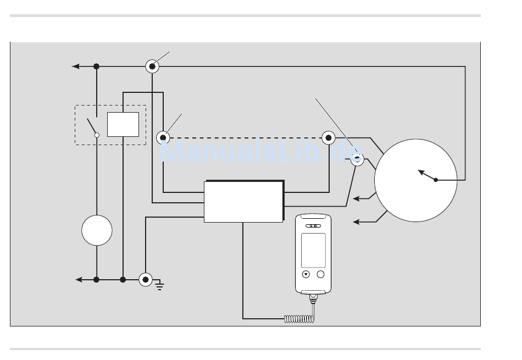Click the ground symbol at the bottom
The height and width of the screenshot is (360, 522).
[x=159, y=285]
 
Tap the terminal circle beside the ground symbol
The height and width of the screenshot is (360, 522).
[x=146, y=280]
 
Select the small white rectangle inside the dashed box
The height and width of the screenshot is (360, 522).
[x=123, y=125]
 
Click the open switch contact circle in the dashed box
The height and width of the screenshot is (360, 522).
[x=97, y=135]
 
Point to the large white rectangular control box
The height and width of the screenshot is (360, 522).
[x=243, y=202]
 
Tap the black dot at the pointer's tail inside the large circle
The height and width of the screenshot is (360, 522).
[x=436, y=180]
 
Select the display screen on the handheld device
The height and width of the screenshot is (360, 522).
[x=313, y=250]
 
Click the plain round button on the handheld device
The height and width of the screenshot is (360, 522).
[x=320, y=274]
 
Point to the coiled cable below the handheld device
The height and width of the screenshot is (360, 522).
[x=299, y=319]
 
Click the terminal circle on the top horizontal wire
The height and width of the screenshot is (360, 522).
[x=152, y=67]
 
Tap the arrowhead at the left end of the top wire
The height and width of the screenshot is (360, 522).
[x=76, y=67]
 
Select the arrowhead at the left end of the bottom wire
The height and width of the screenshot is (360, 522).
[x=79, y=280]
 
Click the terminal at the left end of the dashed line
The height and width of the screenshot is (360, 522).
[x=163, y=137]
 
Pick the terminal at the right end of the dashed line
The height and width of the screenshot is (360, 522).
[x=329, y=137]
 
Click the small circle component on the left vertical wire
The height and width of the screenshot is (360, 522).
[x=97, y=230]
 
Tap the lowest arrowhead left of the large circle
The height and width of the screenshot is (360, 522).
[x=356, y=222]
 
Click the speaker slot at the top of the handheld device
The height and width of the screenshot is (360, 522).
[x=313, y=226]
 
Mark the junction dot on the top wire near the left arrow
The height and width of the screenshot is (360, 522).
[x=96, y=67]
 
